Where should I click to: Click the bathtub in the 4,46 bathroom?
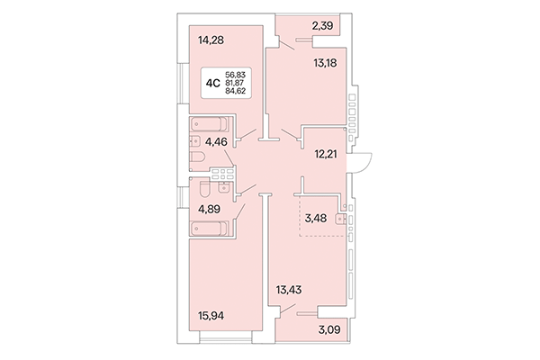210,125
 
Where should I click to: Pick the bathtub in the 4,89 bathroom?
211,229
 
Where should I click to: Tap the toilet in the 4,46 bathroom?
198,159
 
